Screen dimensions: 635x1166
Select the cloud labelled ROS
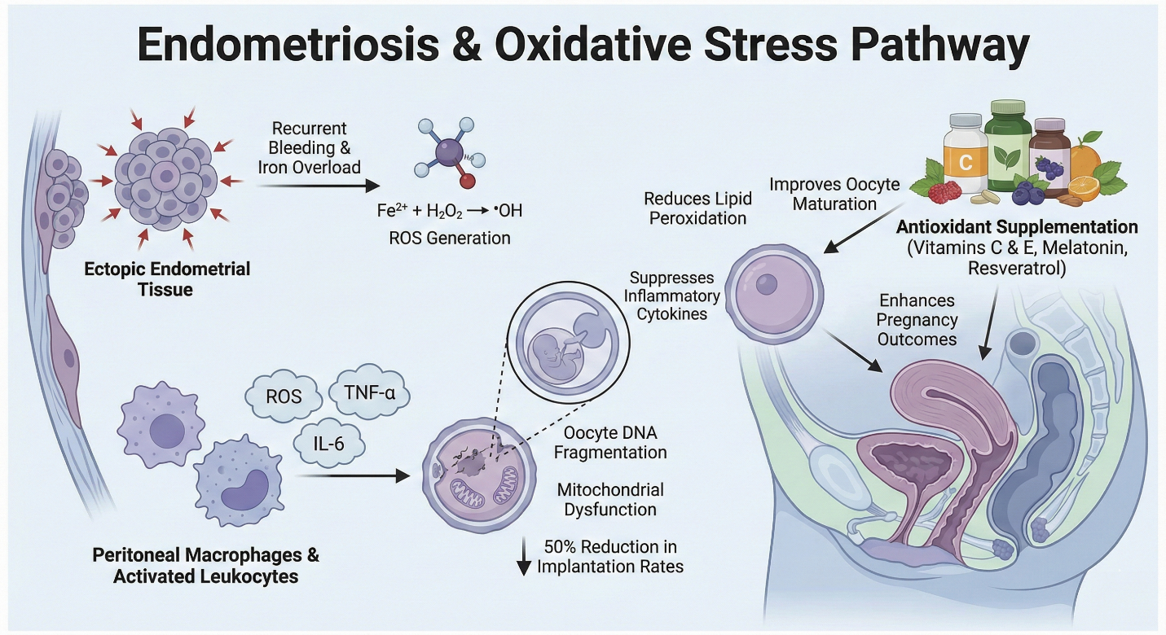tap(284, 396)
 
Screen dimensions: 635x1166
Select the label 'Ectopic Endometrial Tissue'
tap(167, 278)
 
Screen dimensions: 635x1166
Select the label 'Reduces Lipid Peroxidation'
tap(695, 208)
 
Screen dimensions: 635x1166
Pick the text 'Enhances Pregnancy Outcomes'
tap(917, 319)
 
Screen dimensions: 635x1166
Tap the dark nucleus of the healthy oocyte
tap(767, 284)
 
